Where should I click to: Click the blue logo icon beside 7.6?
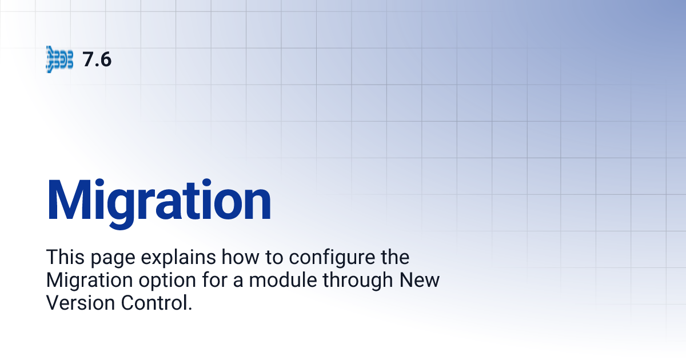pyautogui.click(x=59, y=59)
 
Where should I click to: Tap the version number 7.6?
pyautogui.click(x=97, y=59)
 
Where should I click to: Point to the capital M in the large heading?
pyautogui.click(x=71, y=200)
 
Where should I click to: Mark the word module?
pyautogui.click(x=270, y=281)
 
